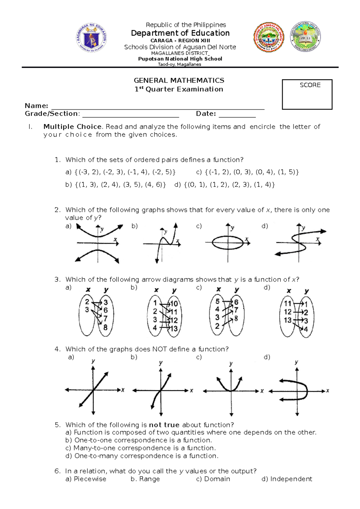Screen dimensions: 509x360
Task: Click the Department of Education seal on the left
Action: tap(91, 38)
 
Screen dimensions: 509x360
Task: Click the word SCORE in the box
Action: tap(310, 85)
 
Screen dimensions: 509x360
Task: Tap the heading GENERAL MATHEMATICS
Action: tap(179, 80)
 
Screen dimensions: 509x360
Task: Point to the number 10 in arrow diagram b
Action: tap(174, 304)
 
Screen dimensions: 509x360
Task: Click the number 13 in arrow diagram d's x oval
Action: tap(288, 320)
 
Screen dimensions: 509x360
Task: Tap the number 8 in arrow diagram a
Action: tap(105, 327)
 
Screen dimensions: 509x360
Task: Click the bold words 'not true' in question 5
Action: tap(164, 425)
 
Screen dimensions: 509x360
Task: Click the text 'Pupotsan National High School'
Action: tap(180, 59)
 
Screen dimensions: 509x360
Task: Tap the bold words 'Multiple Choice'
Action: tap(72, 127)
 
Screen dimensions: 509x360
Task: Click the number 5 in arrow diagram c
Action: tap(217, 301)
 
